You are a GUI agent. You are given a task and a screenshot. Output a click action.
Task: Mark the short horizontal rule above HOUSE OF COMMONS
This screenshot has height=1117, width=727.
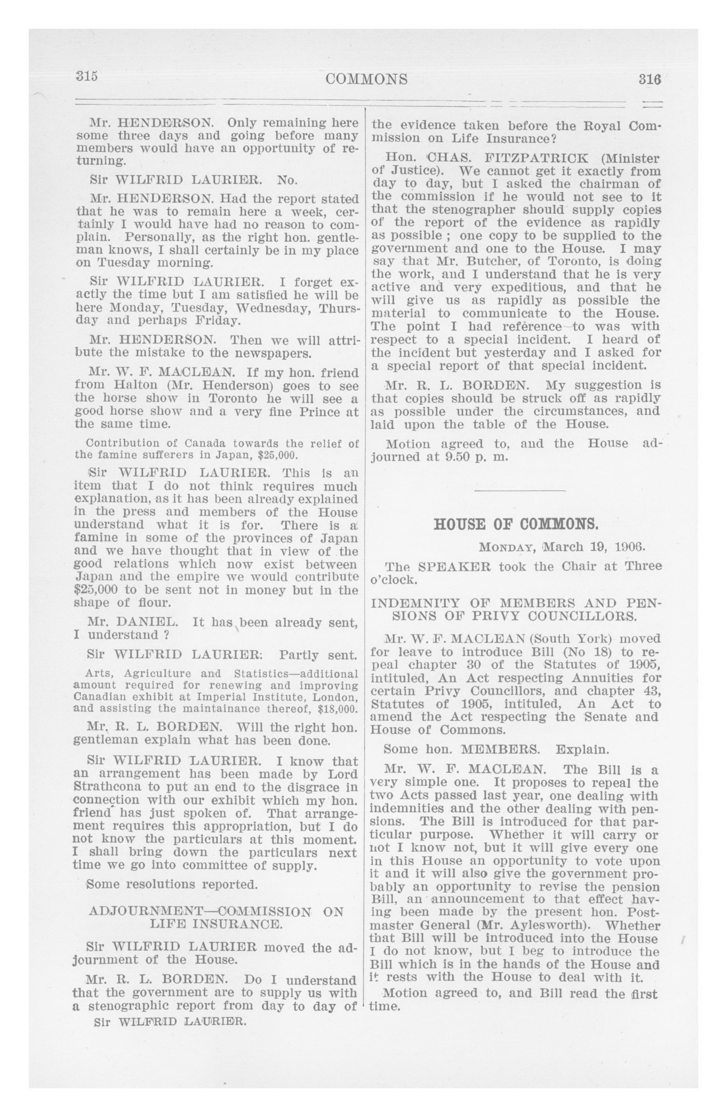pyautogui.click(x=520, y=491)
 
